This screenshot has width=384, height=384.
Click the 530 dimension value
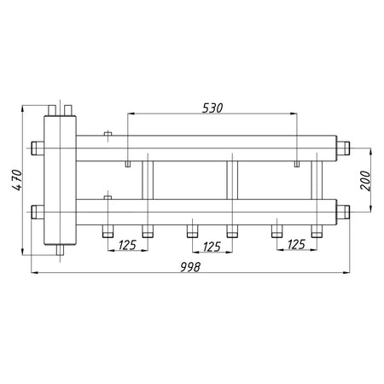click(212, 108)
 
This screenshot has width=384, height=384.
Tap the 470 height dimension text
click(17, 180)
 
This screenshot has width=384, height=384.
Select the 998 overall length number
click(190, 267)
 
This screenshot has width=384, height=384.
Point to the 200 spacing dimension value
click(365, 180)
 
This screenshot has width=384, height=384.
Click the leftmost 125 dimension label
click(127, 245)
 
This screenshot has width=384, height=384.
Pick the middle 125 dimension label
click(212, 247)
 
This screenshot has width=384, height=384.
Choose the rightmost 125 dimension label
click(296, 244)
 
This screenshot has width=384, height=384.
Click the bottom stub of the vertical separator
click(60, 250)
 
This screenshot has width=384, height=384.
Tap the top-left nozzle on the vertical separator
click(52, 110)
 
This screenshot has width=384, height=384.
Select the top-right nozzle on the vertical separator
click(68, 110)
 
